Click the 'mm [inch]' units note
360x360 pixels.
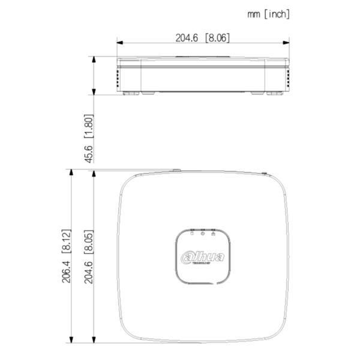268,14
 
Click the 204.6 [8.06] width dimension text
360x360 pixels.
202,37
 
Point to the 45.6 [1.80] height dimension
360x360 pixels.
88,139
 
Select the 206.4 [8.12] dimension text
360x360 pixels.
67,256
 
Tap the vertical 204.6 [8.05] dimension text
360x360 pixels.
88,256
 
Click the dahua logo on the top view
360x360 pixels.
203,257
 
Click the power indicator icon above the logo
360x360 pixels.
203,233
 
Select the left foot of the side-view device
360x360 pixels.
130,93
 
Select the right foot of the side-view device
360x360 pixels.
275,93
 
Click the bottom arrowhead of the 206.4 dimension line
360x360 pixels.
71,340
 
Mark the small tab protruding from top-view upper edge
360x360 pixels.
176,170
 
